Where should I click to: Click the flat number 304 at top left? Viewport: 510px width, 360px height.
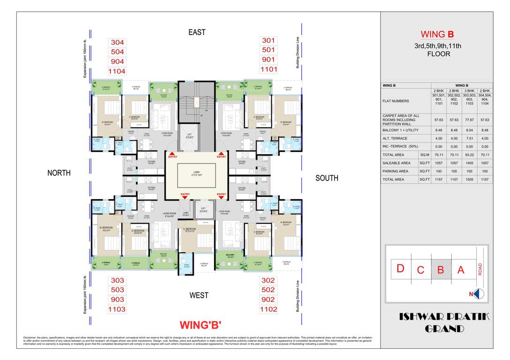(x=117, y=42)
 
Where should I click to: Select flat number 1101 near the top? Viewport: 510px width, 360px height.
(x=269, y=69)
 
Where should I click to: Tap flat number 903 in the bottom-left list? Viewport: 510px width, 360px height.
(x=117, y=300)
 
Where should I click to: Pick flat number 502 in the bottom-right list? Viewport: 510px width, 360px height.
(x=268, y=290)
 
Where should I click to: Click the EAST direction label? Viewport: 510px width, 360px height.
(x=197, y=32)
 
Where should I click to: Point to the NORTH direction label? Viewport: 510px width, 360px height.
(x=59, y=173)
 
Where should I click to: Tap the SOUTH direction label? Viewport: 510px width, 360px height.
(x=327, y=178)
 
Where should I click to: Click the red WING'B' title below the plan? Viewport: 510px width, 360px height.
(x=200, y=325)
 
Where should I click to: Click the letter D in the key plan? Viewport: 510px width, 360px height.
(x=400, y=269)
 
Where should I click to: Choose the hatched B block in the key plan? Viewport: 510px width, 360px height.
(x=441, y=270)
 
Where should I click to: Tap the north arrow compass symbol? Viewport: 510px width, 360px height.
(x=479, y=294)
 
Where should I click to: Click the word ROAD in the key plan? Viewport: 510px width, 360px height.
(x=480, y=269)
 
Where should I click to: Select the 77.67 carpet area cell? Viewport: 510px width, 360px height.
(x=470, y=120)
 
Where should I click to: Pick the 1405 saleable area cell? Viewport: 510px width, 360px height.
(x=470, y=163)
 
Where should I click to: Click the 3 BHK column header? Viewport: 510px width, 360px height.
(x=470, y=90)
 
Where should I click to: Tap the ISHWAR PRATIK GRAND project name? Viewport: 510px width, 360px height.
(x=444, y=323)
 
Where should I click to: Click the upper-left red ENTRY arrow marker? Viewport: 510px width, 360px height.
(x=172, y=155)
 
